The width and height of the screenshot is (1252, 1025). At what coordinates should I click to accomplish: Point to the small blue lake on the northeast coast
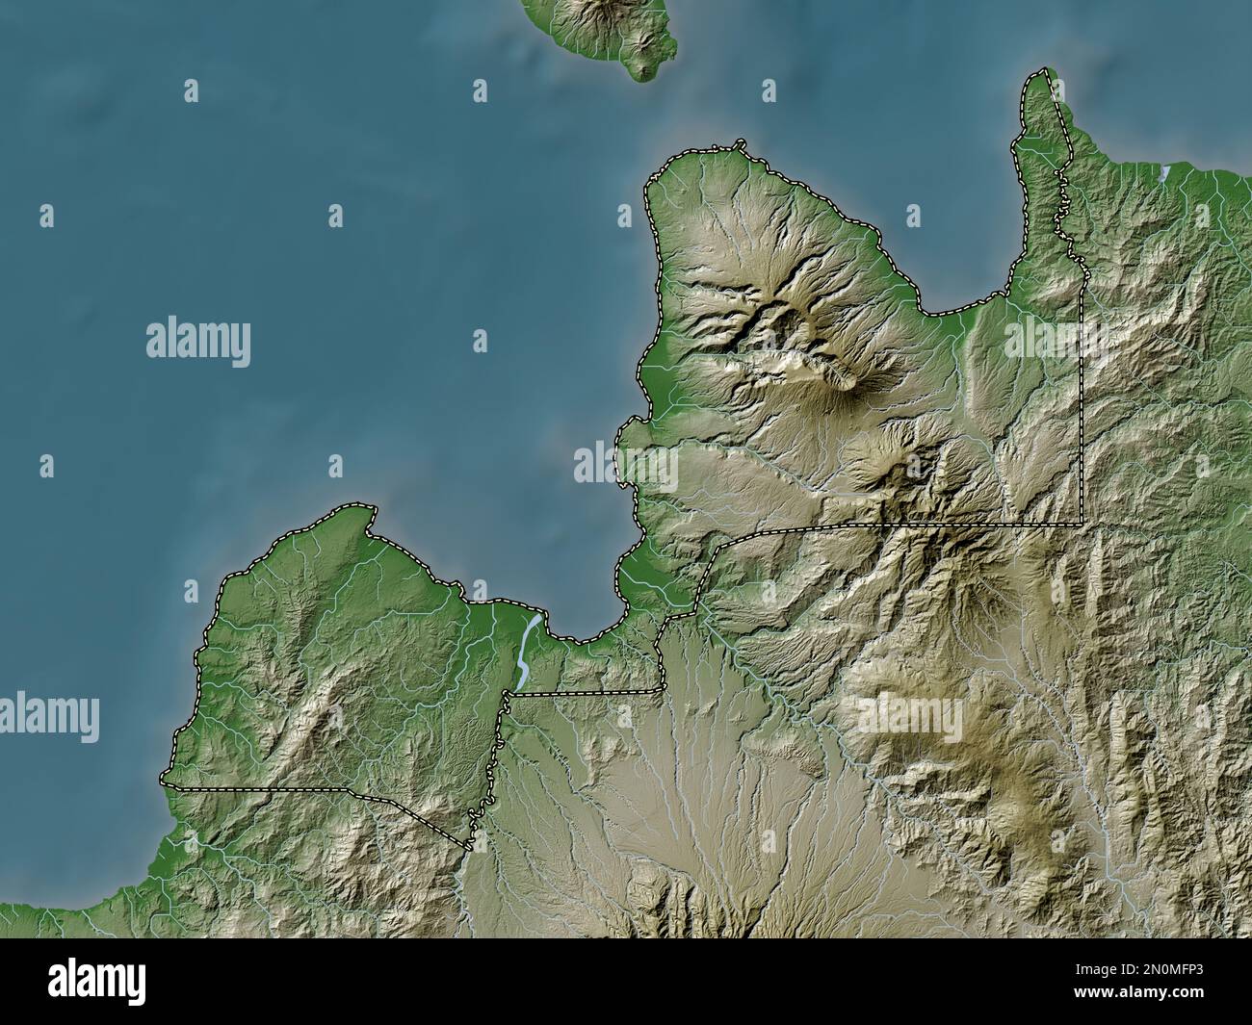point(1165,172)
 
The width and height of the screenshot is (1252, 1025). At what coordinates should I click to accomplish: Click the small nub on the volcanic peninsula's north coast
point(740,144)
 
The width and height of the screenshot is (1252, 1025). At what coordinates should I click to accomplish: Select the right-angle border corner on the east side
point(1082,524)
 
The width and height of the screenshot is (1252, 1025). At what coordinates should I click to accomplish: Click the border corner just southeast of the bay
point(662,689)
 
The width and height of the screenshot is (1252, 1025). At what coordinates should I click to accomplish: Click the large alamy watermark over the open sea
point(198,343)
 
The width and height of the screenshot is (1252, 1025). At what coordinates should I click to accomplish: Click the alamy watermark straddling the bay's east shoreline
point(626,466)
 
